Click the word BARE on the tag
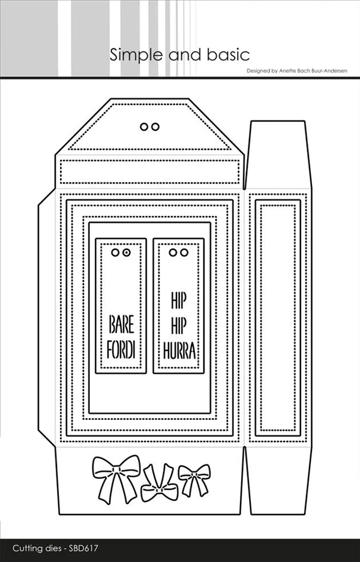[121, 326]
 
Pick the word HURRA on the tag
[179, 350]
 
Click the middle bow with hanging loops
[158, 484]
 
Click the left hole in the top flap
[143, 127]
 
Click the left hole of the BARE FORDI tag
[116, 253]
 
